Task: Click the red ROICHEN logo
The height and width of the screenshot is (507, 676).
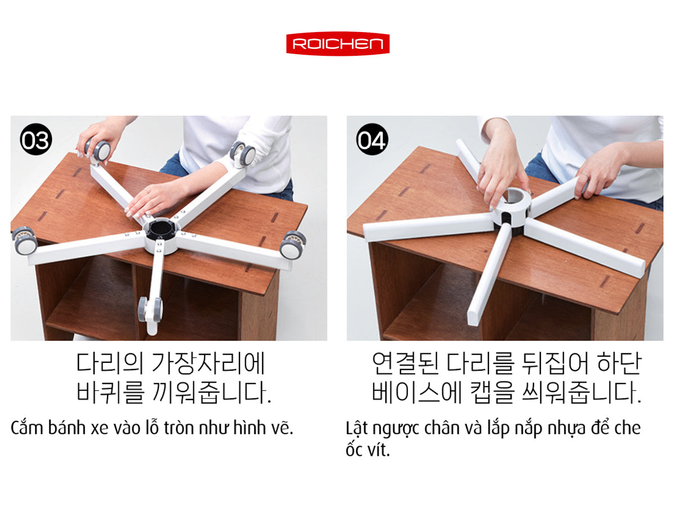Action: (338, 43)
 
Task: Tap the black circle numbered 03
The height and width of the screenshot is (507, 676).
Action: (36, 139)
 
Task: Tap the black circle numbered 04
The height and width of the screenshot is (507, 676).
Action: (372, 139)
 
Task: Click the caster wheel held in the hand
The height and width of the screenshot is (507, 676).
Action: (98, 151)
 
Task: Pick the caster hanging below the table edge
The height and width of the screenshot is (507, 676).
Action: (150, 312)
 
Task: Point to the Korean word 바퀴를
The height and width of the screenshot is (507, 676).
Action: (110, 392)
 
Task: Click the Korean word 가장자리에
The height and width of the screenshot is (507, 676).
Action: (208, 363)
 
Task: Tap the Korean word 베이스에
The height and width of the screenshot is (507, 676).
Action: (417, 392)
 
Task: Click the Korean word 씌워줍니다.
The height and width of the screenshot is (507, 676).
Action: (582, 392)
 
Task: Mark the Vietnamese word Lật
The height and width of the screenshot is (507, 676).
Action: (357, 429)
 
